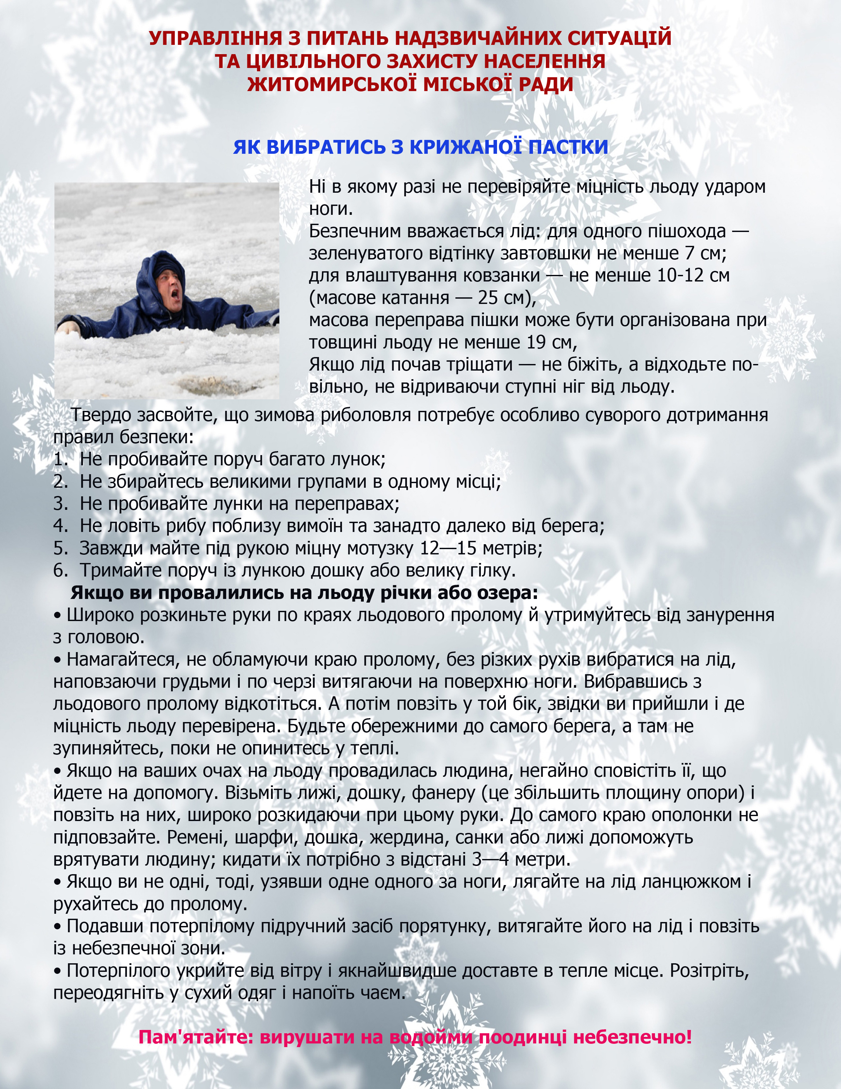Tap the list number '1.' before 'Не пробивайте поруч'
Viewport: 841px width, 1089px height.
click(x=61, y=459)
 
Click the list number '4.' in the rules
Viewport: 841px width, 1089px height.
click(x=61, y=526)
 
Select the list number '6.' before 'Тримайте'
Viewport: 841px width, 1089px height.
click(x=61, y=570)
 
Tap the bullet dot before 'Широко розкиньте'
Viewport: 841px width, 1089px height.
click(x=57, y=616)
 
